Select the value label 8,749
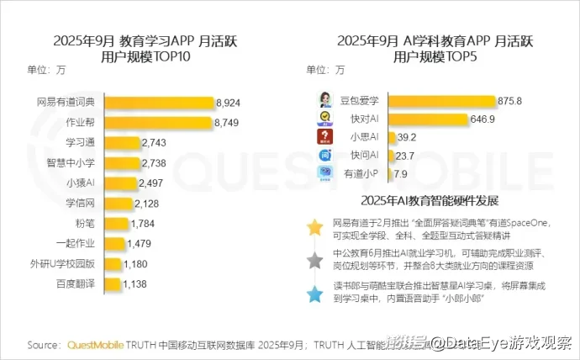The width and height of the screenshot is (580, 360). click(x=229, y=123)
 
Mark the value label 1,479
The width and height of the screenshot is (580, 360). click(x=140, y=244)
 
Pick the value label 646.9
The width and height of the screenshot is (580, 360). click(x=482, y=119)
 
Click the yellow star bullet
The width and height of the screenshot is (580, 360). click(x=314, y=228)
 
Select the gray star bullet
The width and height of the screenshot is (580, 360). click(x=314, y=261)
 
